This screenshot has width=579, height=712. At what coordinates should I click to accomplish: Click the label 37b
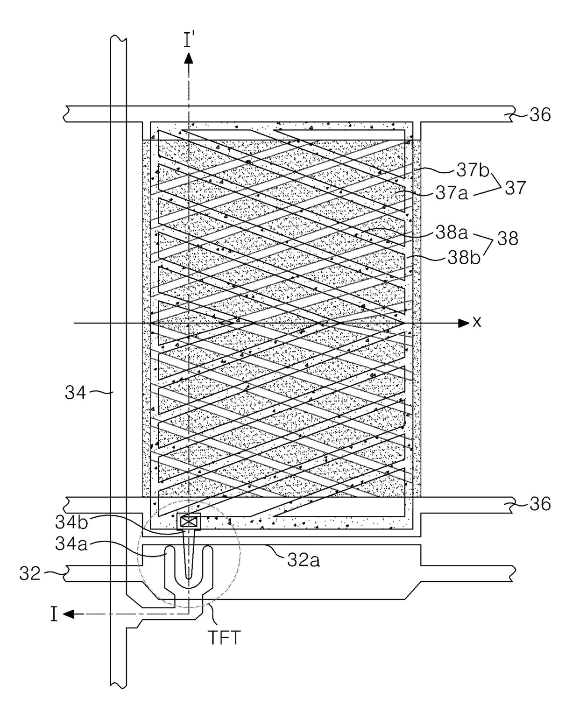(x=473, y=170)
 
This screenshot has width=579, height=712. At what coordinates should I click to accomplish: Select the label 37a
(x=452, y=193)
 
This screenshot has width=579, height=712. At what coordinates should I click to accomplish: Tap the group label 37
(x=515, y=188)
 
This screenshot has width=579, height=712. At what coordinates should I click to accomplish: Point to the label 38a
(x=452, y=233)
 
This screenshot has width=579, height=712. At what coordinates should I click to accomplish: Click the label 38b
(x=464, y=258)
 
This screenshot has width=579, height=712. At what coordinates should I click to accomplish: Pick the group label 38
(x=508, y=238)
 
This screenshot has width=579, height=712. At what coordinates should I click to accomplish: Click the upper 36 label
(x=540, y=115)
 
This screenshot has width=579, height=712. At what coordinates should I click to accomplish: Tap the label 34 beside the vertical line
(x=76, y=393)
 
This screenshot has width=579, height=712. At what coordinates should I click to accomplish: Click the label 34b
(x=71, y=522)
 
